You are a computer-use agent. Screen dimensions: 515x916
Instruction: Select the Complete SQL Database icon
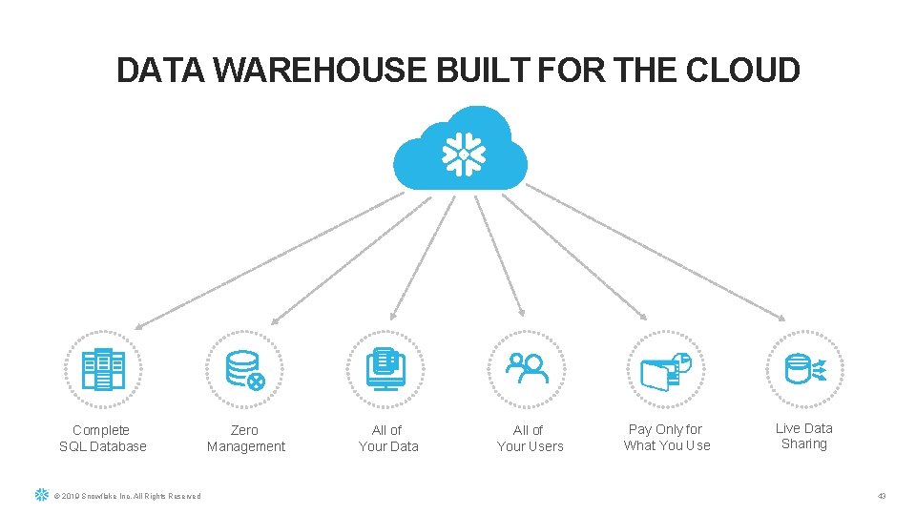pos(103,369)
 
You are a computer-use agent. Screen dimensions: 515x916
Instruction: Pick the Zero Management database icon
pos(245,369)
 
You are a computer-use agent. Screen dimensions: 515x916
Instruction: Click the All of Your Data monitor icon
pos(387,369)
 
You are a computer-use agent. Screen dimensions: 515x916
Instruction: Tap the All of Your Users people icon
pos(528,369)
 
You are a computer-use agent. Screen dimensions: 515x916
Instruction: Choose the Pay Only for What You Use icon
pos(666,369)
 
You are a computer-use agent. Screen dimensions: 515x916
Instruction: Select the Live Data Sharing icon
pos(804,369)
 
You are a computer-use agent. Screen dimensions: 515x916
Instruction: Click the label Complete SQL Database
pos(103,439)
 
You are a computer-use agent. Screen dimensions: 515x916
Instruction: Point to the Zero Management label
pos(245,439)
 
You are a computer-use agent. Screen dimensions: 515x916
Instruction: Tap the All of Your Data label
pos(387,439)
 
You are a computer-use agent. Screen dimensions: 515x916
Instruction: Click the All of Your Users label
pos(530,439)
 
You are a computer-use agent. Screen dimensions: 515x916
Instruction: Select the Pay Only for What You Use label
pos(666,438)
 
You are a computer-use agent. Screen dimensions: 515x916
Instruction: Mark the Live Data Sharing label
pos(803,436)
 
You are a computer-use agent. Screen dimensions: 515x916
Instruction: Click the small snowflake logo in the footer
pos(41,495)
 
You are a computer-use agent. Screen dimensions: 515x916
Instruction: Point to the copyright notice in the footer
pos(127,496)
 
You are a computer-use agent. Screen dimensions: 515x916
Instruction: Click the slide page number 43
pos(881,496)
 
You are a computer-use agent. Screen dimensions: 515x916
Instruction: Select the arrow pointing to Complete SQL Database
pos(267,257)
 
